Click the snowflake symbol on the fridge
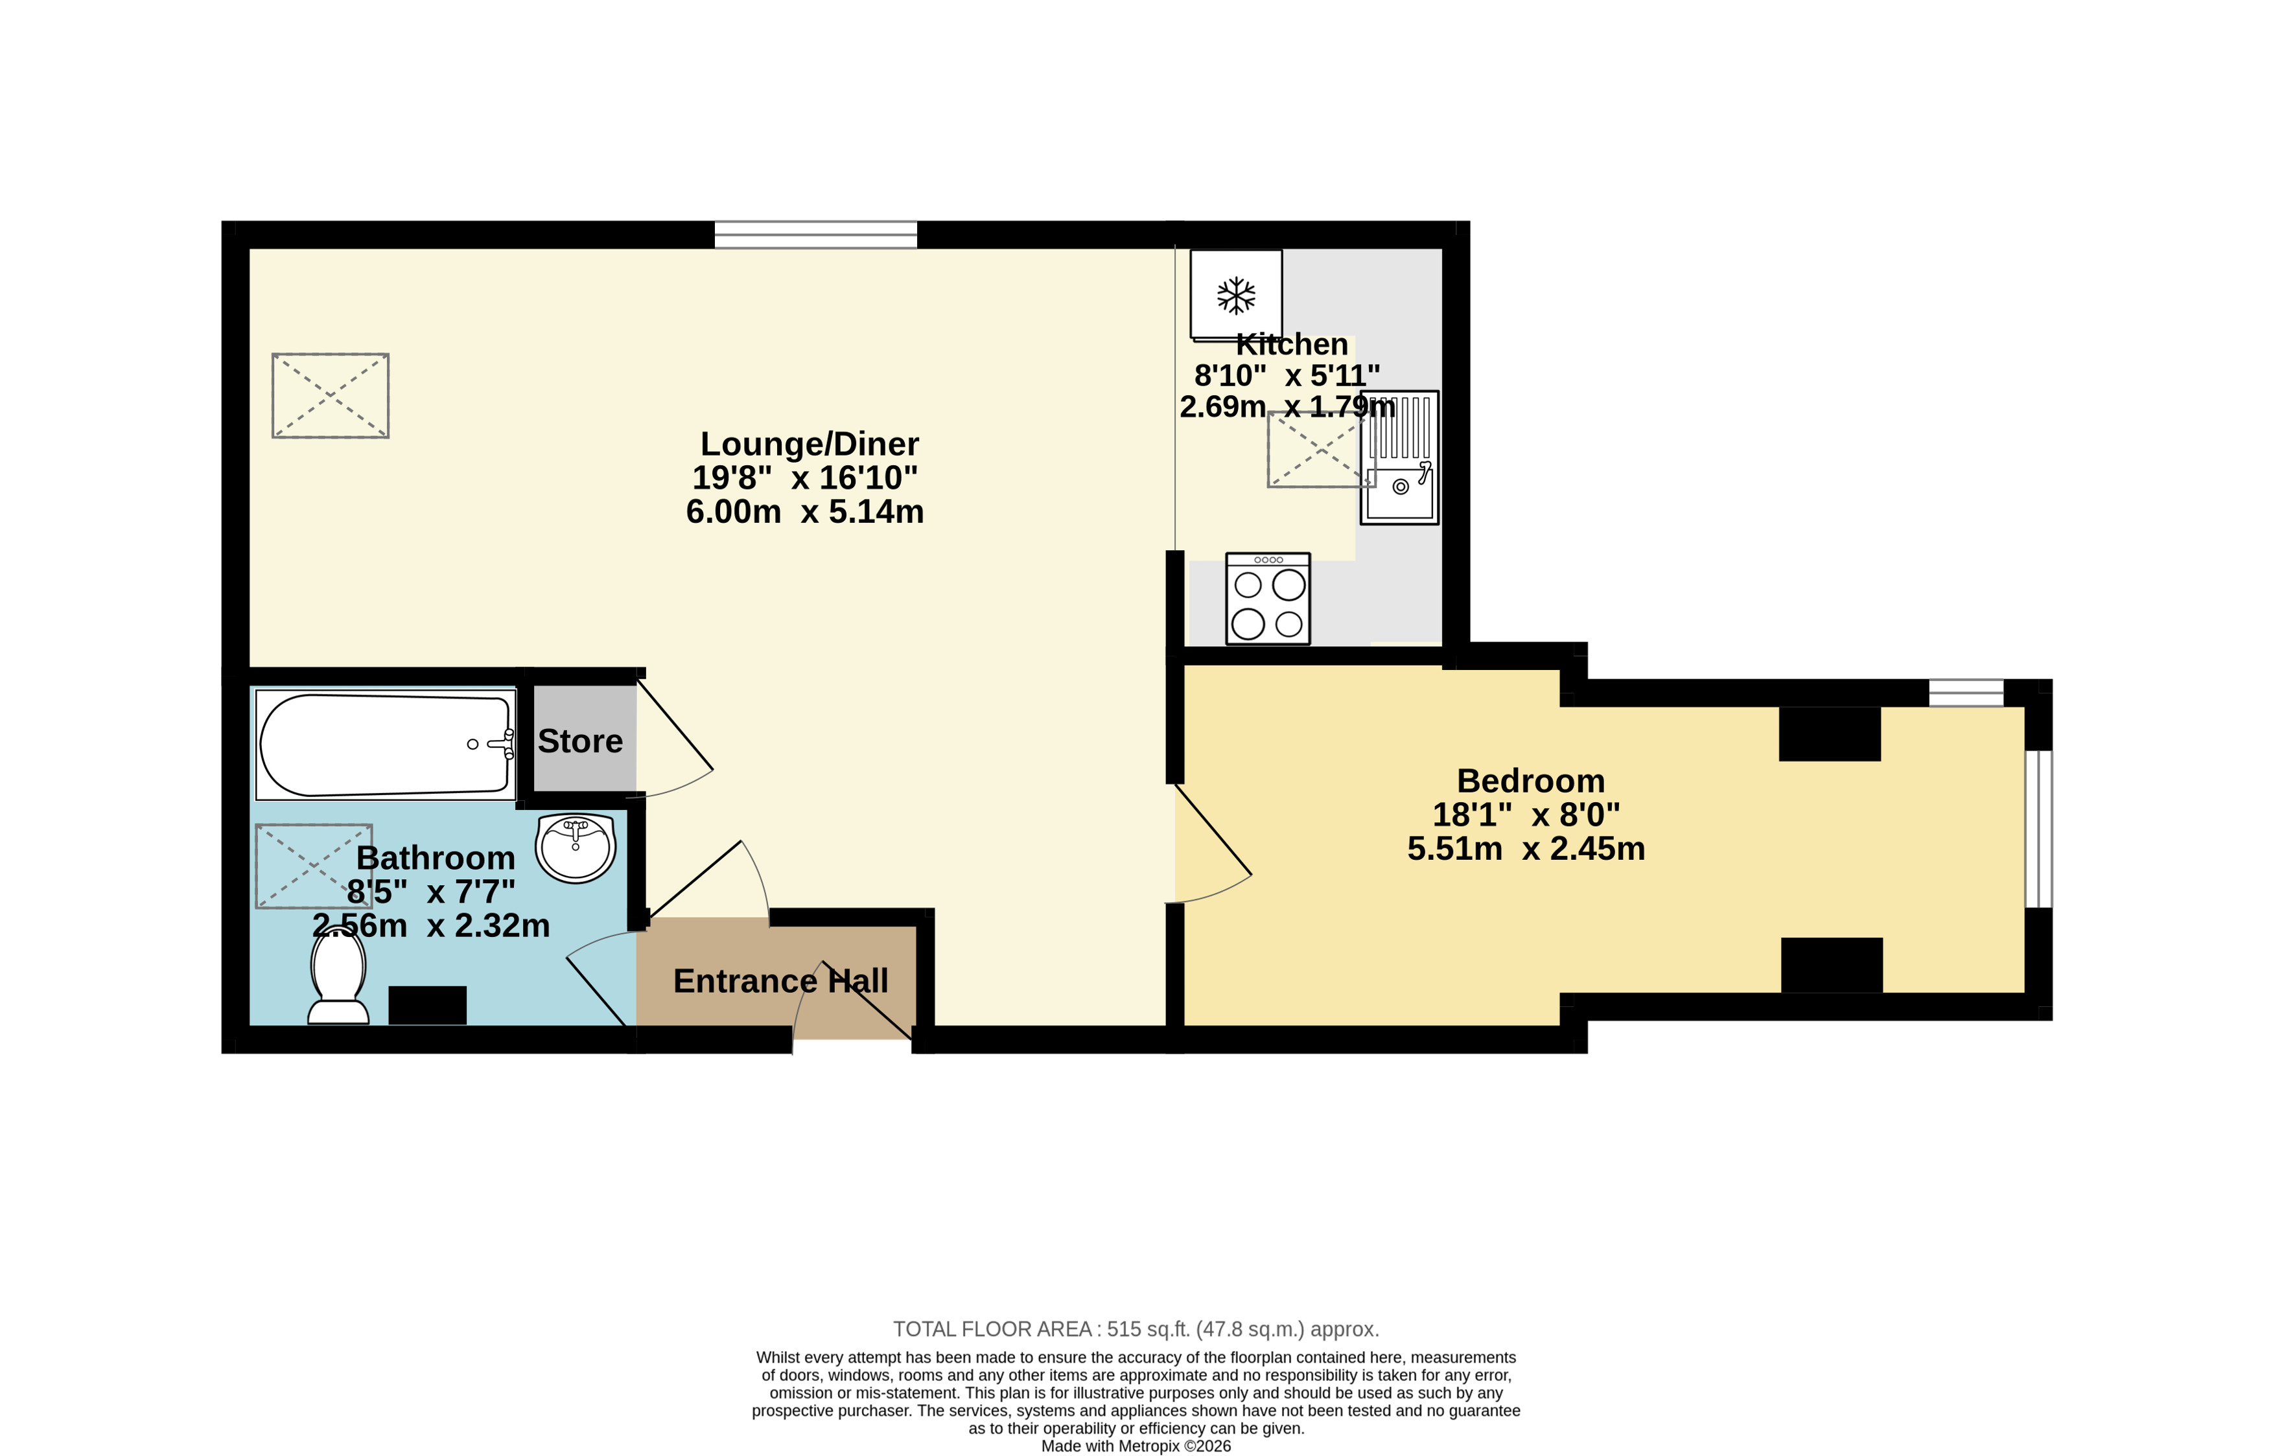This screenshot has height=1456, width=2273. point(1236,296)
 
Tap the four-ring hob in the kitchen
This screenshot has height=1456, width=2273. point(1268,599)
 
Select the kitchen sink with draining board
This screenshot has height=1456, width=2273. point(1399,457)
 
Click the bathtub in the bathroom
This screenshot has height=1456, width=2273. point(386,745)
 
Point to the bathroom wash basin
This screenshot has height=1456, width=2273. point(576,848)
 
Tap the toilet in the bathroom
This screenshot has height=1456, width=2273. point(338,975)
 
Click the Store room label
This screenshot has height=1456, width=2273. point(581,741)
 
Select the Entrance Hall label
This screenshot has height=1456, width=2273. point(781,982)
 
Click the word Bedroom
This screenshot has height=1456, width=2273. point(1531,781)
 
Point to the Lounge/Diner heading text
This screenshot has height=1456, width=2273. point(810,445)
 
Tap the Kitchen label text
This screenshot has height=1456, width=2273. point(1292,344)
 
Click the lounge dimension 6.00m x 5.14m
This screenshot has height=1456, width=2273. point(804,511)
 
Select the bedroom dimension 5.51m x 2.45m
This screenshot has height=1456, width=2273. point(1526,849)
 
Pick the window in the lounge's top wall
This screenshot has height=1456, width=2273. point(815,235)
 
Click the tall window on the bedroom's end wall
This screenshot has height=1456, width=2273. point(2038,829)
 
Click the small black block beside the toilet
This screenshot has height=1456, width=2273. point(427,1005)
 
